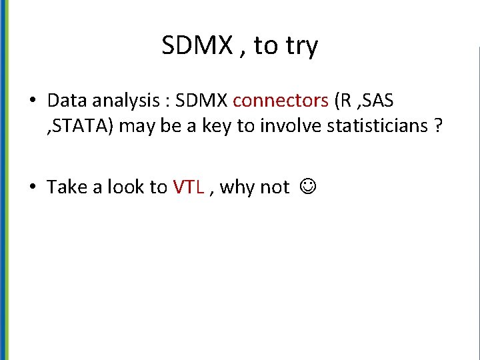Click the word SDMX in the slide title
click(x=196, y=45)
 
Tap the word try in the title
click(x=301, y=47)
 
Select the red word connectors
click(x=281, y=101)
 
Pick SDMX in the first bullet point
click(x=203, y=101)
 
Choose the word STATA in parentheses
click(x=83, y=127)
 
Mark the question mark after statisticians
click(x=437, y=127)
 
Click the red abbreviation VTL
click(x=188, y=187)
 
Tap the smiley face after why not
click(x=306, y=187)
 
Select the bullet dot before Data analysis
click(x=33, y=101)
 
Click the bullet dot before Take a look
click(x=33, y=188)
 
